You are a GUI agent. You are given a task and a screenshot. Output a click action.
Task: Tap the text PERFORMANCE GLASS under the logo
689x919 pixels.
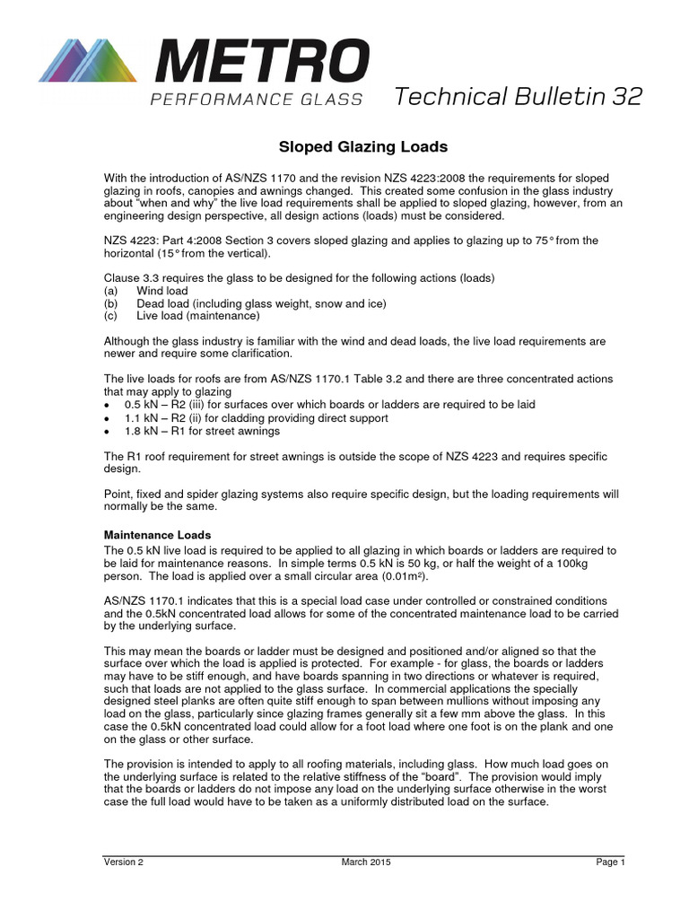pyautogui.click(x=256, y=100)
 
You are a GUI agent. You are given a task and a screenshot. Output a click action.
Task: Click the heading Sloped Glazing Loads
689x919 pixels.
pyautogui.click(x=345, y=146)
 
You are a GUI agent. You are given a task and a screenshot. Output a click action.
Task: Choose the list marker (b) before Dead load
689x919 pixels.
pyautogui.click(x=110, y=303)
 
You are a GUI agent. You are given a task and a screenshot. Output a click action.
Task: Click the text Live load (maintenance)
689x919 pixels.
pyautogui.click(x=198, y=316)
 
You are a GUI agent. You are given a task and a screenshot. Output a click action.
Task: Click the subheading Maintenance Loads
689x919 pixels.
pyautogui.click(x=157, y=535)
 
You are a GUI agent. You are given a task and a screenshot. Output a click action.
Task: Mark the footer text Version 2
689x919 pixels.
pyautogui.click(x=123, y=862)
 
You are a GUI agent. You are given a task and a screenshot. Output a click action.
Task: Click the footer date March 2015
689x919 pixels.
pyautogui.click(x=366, y=862)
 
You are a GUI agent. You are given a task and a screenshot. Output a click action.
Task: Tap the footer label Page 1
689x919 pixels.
pyautogui.click(x=610, y=862)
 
